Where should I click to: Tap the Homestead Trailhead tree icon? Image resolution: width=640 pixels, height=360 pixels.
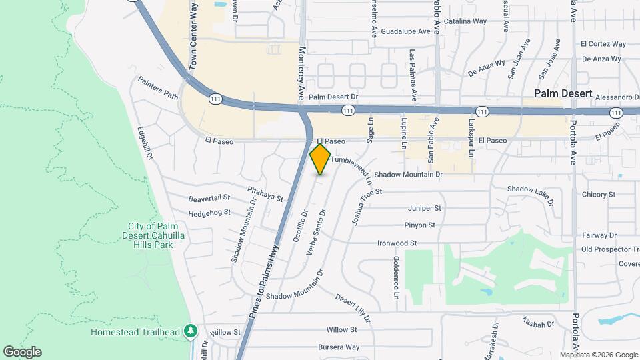pyautogui.click(x=191, y=331)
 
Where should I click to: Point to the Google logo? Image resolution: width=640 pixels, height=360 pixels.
pyautogui.click(x=21, y=352)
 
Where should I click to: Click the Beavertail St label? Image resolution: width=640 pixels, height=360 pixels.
pyautogui.click(x=209, y=198)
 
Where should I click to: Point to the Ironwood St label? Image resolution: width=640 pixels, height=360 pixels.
pyautogui.click(x=397, y=243)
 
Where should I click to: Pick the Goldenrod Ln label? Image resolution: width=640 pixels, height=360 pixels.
pyautogui.click(x=395, y=277)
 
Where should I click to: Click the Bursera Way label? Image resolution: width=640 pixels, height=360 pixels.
pyautogui.click(x=339, y=347)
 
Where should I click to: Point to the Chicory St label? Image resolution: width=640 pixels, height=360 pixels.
pyautogui.click(x=598, y=195)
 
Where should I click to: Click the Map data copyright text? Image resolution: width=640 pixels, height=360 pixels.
pyautogui.click(x=597, y=355)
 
